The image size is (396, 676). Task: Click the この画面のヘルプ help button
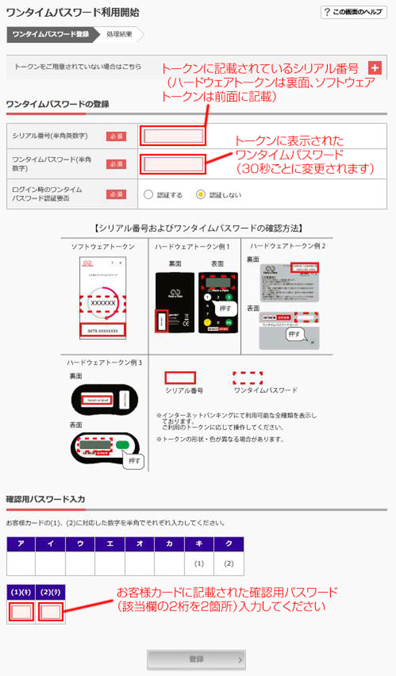click(354, 12)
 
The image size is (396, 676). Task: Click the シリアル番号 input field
click(173, 136)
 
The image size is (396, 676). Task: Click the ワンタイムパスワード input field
click(173, 164)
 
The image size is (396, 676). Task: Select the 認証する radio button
click(149, 193)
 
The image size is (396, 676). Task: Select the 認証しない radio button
click(201, 193)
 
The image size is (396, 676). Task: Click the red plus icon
click(375, 68)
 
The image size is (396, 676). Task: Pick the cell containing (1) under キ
click(199, 563)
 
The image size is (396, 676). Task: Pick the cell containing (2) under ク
click(229, 563)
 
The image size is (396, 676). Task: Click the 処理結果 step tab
click(120, 34)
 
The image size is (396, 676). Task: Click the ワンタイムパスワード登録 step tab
click(51, 34)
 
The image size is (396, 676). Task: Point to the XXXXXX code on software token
click(103, 303)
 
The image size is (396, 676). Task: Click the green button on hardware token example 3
click(123, 444)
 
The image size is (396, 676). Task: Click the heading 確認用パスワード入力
click(45, 499)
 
